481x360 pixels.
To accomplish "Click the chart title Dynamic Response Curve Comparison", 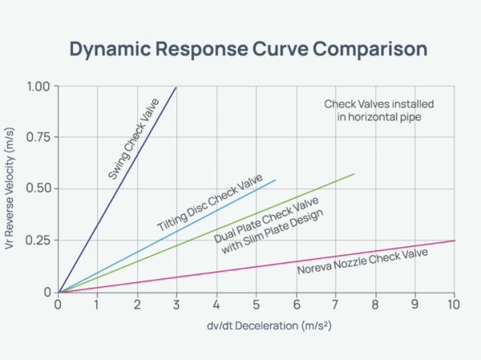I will [248, 49].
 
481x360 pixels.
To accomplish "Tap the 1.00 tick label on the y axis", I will [37, 87].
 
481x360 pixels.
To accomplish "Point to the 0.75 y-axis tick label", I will [37, 138].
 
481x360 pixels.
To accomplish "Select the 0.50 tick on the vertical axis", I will [37, 189].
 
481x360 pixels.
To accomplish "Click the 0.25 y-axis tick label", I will [37, 241].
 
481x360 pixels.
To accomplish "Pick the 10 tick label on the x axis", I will [454, 305].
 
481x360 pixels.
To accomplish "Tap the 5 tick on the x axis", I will [257, 305].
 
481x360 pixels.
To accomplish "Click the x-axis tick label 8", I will [375, 305].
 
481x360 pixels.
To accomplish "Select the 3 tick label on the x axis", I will [177, 305].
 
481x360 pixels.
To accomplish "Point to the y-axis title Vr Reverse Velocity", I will [11, 189].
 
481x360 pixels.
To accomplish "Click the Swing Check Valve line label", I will [133, 138].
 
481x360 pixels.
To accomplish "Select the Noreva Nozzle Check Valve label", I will [362, 262].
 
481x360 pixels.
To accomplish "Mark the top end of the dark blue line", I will [176, 87].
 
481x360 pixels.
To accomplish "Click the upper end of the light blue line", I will [275, 180].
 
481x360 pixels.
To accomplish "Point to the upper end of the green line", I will [354, 174].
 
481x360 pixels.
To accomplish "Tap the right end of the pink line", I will [455, 241].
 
